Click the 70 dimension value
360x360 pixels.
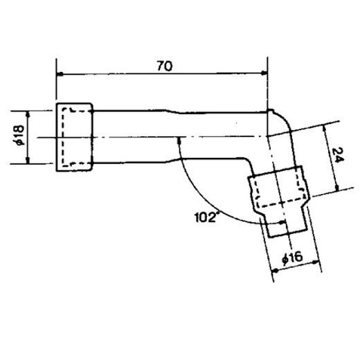click(x=165, y=66)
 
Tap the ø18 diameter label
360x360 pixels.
click(x=19, y=135)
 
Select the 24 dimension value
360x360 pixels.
click(x=338, y=155)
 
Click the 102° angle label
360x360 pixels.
click(x=206, y=217)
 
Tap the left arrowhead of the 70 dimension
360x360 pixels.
click(x=60, y=74)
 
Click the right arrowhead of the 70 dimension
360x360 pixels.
click(x=264, y=73)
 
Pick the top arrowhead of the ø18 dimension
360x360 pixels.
click(x=28, y=114)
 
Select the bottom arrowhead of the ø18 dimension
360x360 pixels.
click(x=28, y=161)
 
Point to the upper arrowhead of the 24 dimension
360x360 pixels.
click(x=325, y=129)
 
